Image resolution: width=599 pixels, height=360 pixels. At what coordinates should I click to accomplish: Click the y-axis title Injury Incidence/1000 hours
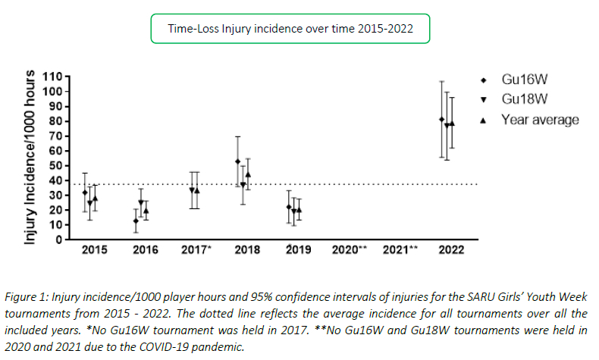coord(31,158)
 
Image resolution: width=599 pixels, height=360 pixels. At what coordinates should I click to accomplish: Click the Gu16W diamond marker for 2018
coord(237,161)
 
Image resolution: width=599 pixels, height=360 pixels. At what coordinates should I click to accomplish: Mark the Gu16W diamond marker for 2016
coord(136,221)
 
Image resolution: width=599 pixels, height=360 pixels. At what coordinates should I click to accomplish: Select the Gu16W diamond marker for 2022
coord(442,119)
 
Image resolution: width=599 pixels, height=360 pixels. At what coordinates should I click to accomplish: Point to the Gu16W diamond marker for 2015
coord(85,193)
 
